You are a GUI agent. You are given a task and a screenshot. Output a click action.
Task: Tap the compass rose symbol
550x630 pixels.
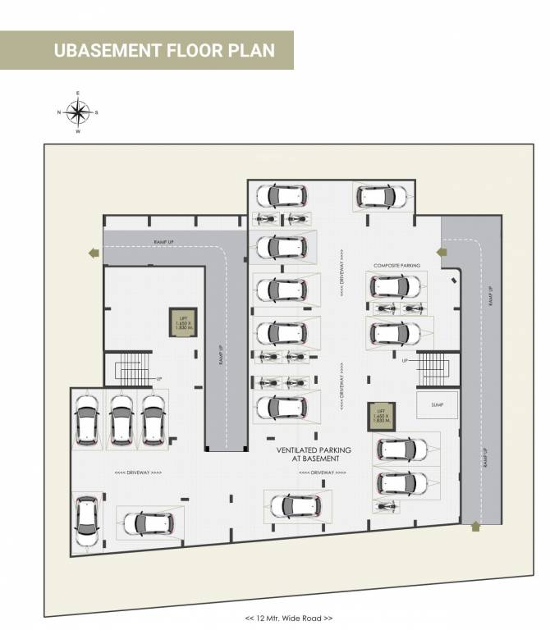[x=78, y=112]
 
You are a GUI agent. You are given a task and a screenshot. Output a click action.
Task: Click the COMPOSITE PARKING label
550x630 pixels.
[x=397, y=266]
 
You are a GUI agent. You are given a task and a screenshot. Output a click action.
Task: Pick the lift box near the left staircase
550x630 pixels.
[x=181, y=323]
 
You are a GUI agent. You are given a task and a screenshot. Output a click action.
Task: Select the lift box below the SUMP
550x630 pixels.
[x=378, y=418]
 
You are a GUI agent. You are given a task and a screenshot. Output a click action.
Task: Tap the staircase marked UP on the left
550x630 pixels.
[x=132, y=368]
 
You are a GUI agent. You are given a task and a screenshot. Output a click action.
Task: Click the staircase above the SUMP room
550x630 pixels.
[x=433, y=368]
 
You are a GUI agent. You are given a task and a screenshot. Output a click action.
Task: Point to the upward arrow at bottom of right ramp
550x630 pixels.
[x=474, y=527]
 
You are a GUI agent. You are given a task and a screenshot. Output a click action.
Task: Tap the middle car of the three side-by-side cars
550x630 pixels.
[x=121, y=420]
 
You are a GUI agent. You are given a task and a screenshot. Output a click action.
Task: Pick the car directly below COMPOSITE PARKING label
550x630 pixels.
[x=397, y=286]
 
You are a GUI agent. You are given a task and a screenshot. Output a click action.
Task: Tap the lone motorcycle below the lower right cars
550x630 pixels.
[x=383, y=507]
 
